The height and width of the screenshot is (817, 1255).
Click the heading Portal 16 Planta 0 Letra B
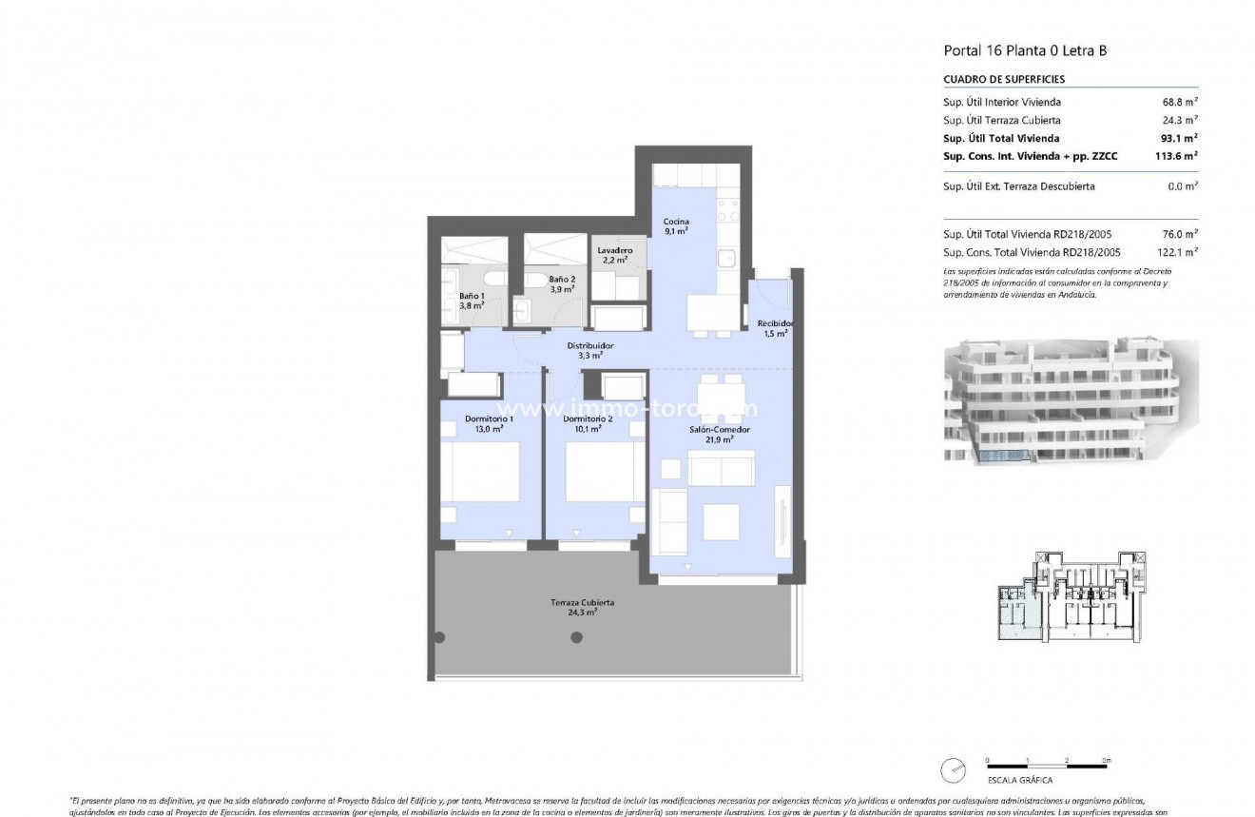pos(1025,51)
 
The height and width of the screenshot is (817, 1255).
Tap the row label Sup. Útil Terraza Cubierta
pos(1001,120)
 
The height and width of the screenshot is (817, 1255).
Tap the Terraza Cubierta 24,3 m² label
pos(582,607)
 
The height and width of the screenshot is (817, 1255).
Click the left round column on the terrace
pos(439,636)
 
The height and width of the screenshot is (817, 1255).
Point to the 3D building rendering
pos(1071,401)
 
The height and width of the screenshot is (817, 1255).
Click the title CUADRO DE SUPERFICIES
pos(1003,80)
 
